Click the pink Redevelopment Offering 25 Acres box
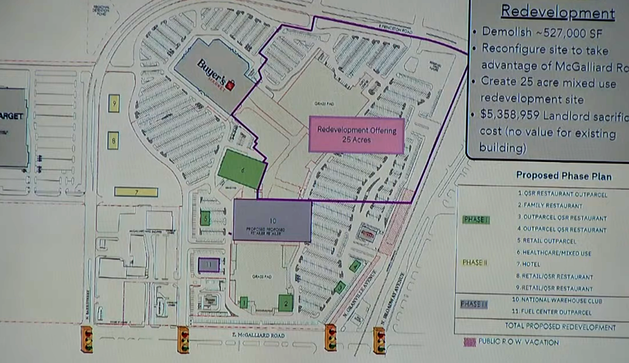[356, 135]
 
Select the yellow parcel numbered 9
[114, 104]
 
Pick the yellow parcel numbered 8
[113, 141]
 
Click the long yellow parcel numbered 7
[136, 192]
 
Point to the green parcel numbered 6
[242, 169]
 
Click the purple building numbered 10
[272, 221]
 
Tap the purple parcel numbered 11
[209, 265]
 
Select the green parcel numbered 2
[285, 303]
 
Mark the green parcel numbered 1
[244, 302]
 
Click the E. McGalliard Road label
[258, 335]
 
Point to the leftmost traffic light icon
[87, 340]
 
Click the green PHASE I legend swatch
[476, 220]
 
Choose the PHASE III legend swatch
[474, 304]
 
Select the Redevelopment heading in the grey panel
[558, 12]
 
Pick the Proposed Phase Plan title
[564, 176]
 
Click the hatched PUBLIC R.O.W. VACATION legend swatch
[470, 342]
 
